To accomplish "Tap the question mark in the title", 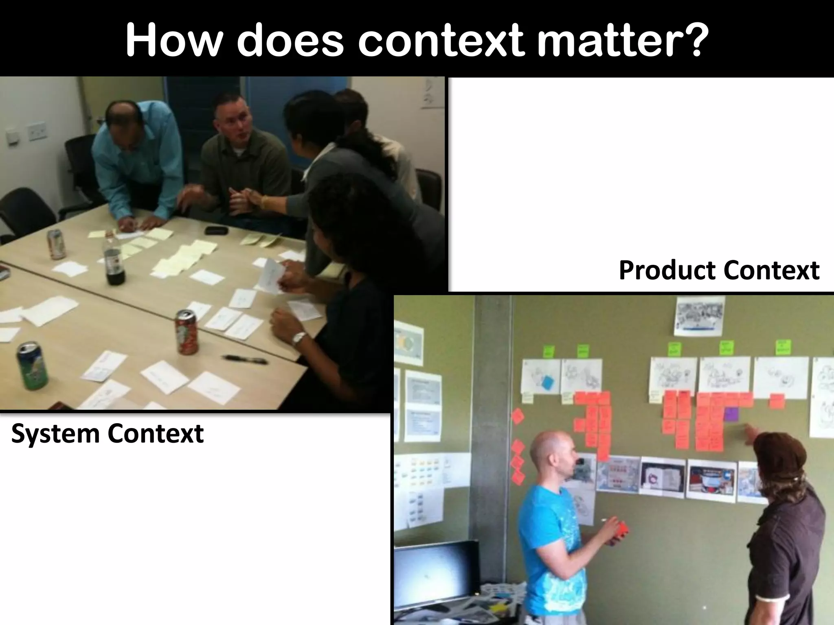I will (690, 41).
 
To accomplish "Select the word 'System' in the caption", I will (55, 434).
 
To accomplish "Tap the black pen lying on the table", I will (244, 359).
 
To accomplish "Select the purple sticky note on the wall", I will (731, 414).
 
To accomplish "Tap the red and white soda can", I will (187, 332).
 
